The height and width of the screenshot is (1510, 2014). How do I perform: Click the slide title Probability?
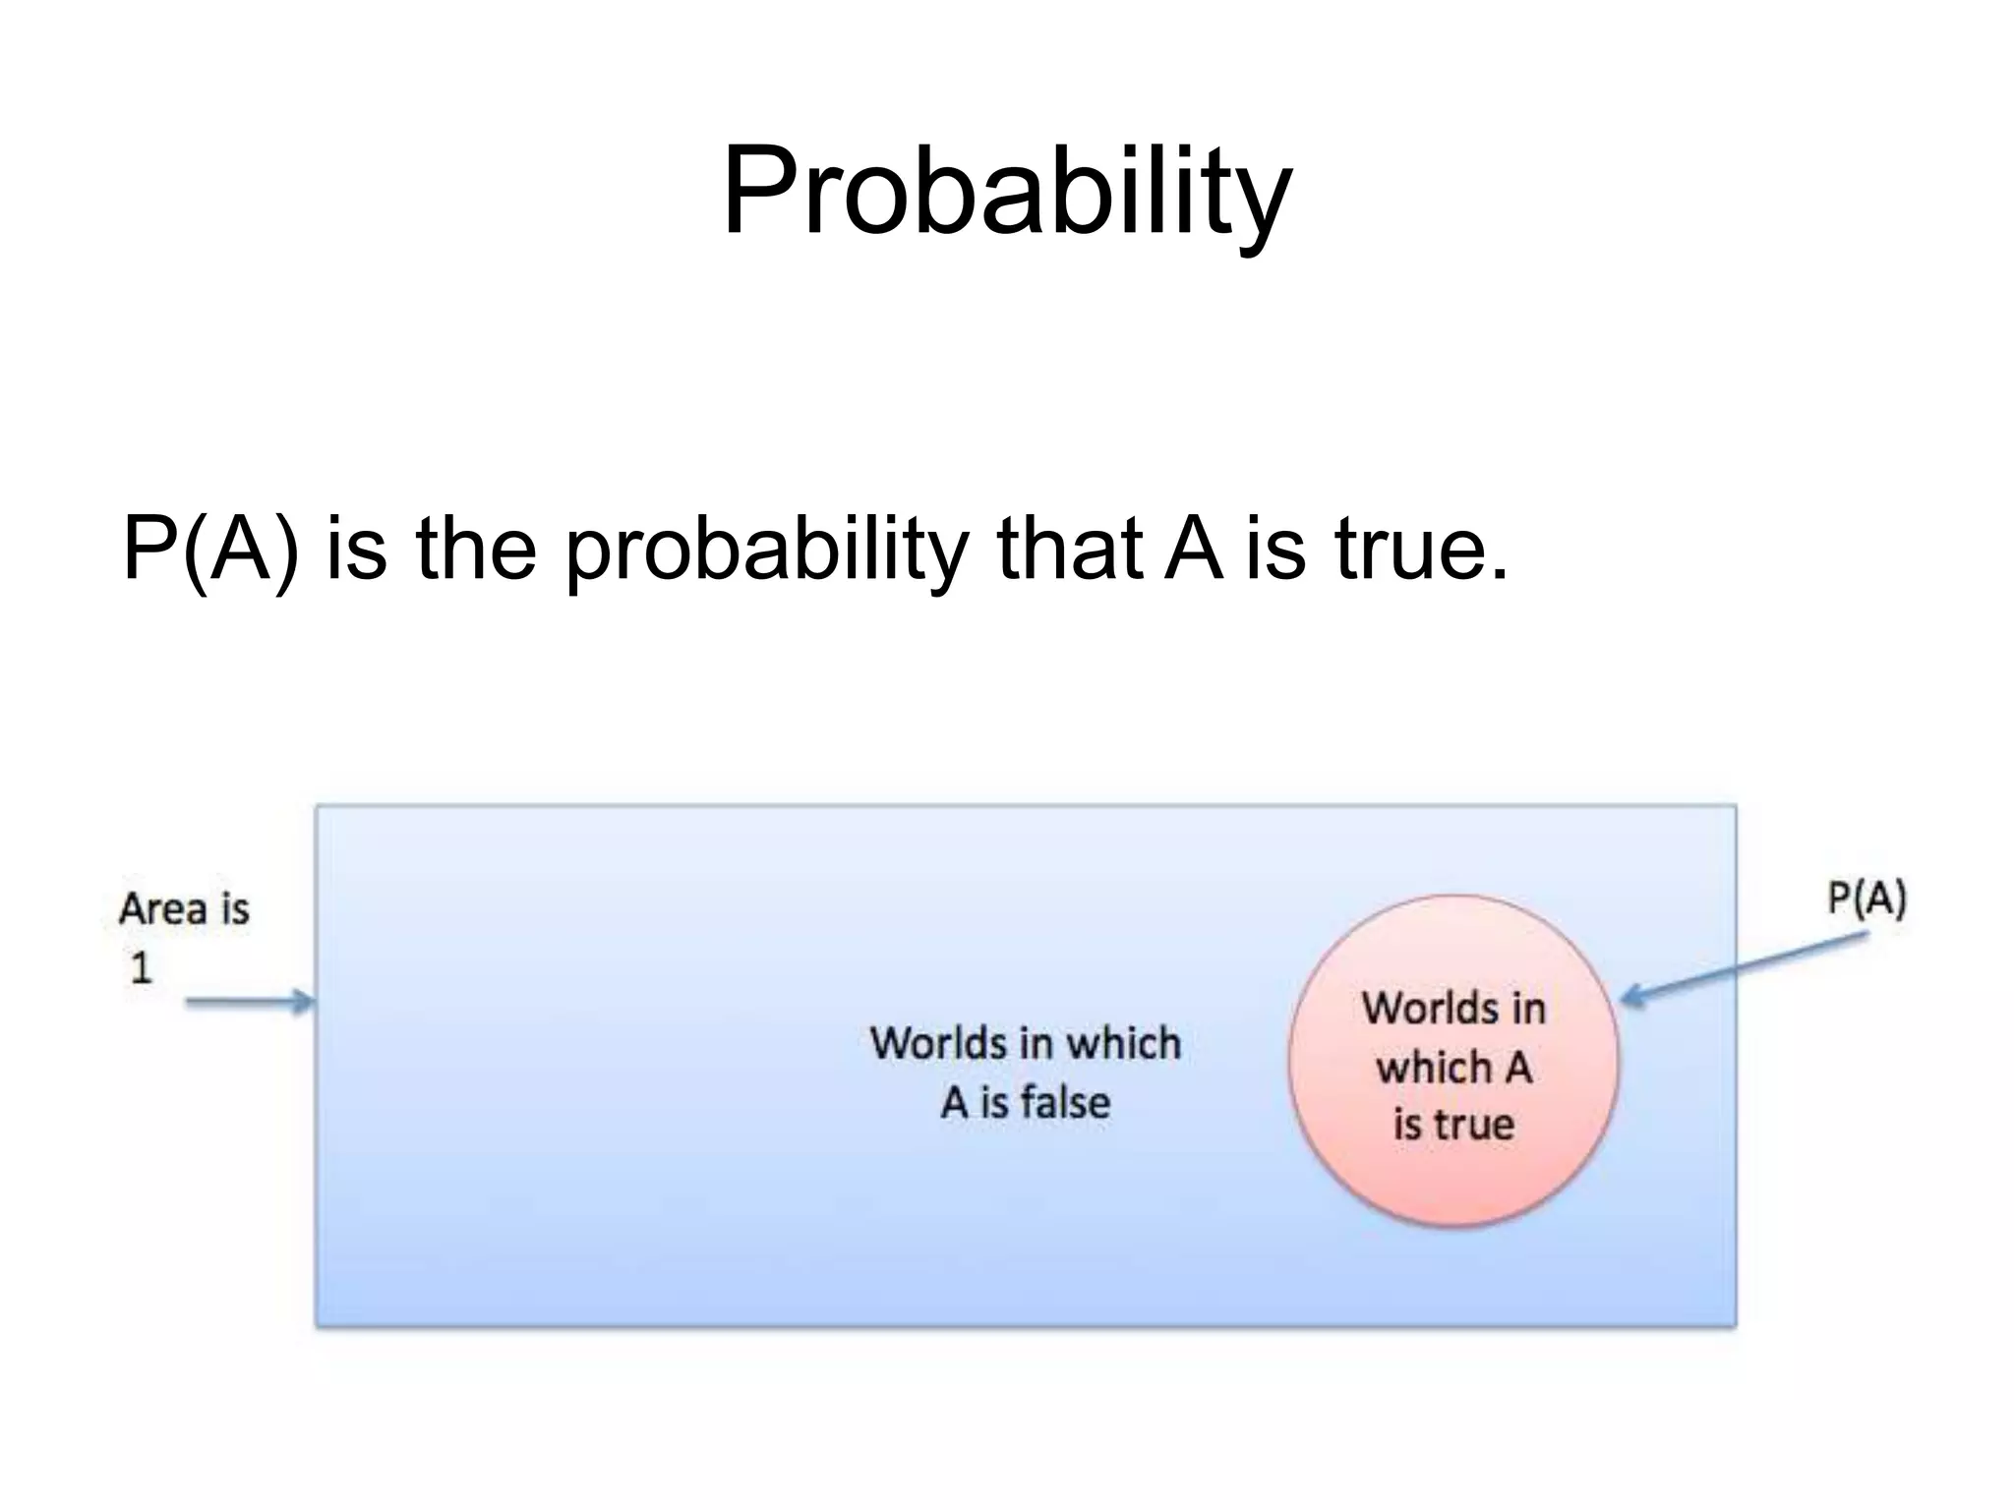pos(1006,192)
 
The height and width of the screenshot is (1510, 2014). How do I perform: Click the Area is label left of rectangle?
pos(184,909)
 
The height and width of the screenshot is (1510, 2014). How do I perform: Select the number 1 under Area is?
pos(141,969)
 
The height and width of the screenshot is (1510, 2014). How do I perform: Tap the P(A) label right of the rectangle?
pos(1866,899)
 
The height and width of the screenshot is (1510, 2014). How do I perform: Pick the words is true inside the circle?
pos(1453,1125)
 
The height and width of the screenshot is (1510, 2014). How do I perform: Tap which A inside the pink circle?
pos(1453,1068)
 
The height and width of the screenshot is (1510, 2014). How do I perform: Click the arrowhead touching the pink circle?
pos(1629,998)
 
